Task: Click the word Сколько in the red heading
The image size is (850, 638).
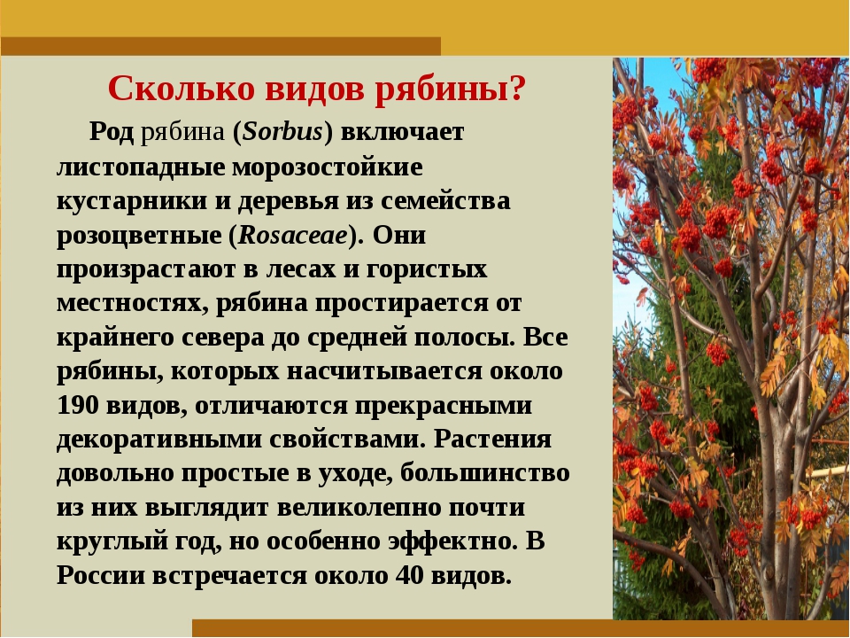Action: coord(181,88)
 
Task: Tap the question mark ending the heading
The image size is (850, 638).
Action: coord(518,88)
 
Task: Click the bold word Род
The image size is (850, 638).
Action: coord(112,132)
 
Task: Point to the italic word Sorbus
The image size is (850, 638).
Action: coord(282,132)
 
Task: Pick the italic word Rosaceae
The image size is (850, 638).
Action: coord(293,235)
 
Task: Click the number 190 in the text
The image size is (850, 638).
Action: coord(78,405)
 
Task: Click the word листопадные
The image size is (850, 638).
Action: coord(141,167)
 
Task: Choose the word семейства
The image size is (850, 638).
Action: coord(445,201)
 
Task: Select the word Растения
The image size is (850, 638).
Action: coord(493,440)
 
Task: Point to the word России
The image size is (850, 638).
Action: coord(101,576)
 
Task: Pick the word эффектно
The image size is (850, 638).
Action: coord(453,542)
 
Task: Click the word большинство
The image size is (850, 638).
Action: coord(485,473)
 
